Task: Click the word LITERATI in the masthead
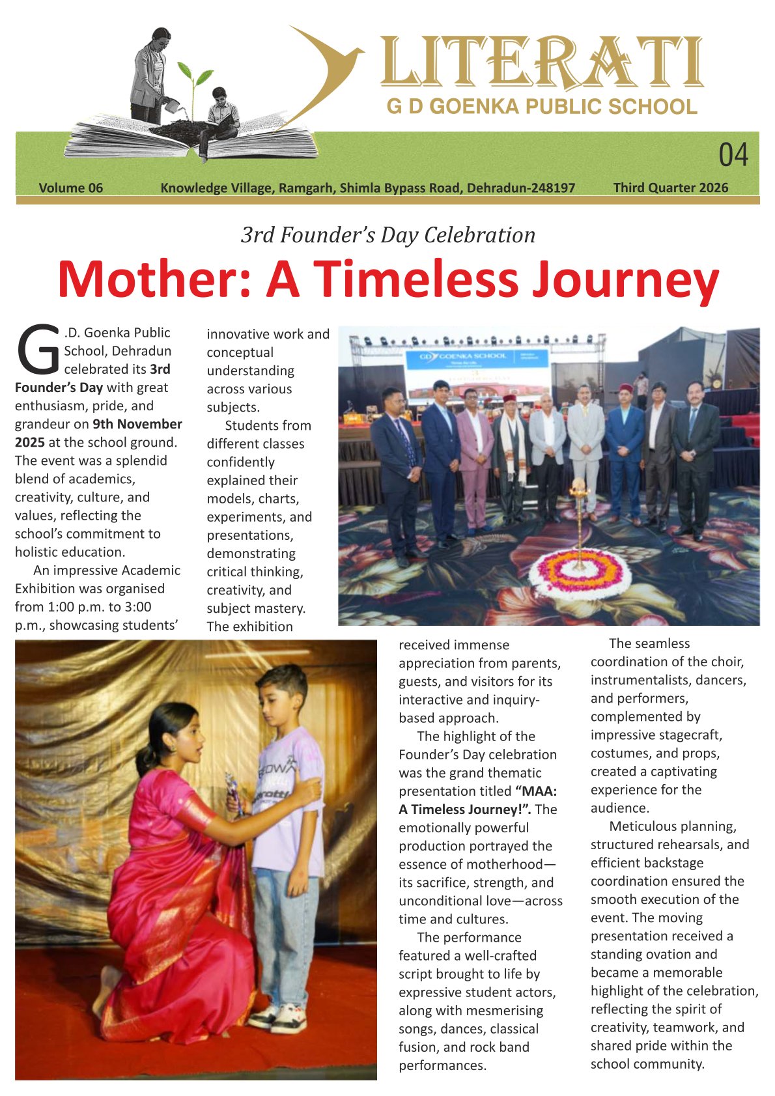pyautogui.click(x=541, y=63)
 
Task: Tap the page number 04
pyautogui.click(x=733, y=156)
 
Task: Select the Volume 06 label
pyautogui.click(x=71, y=188)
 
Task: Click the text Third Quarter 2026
pyautogui.click(x=671, y=188)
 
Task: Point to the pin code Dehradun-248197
pyautogui.click(x=521, y=188)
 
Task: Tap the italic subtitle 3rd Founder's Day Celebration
pyautogui.click(x=388, y=235)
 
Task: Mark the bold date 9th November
pyautogui.click(x=137, y=424)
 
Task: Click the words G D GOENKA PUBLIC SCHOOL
pyautogui.click(x=542, y=106)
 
